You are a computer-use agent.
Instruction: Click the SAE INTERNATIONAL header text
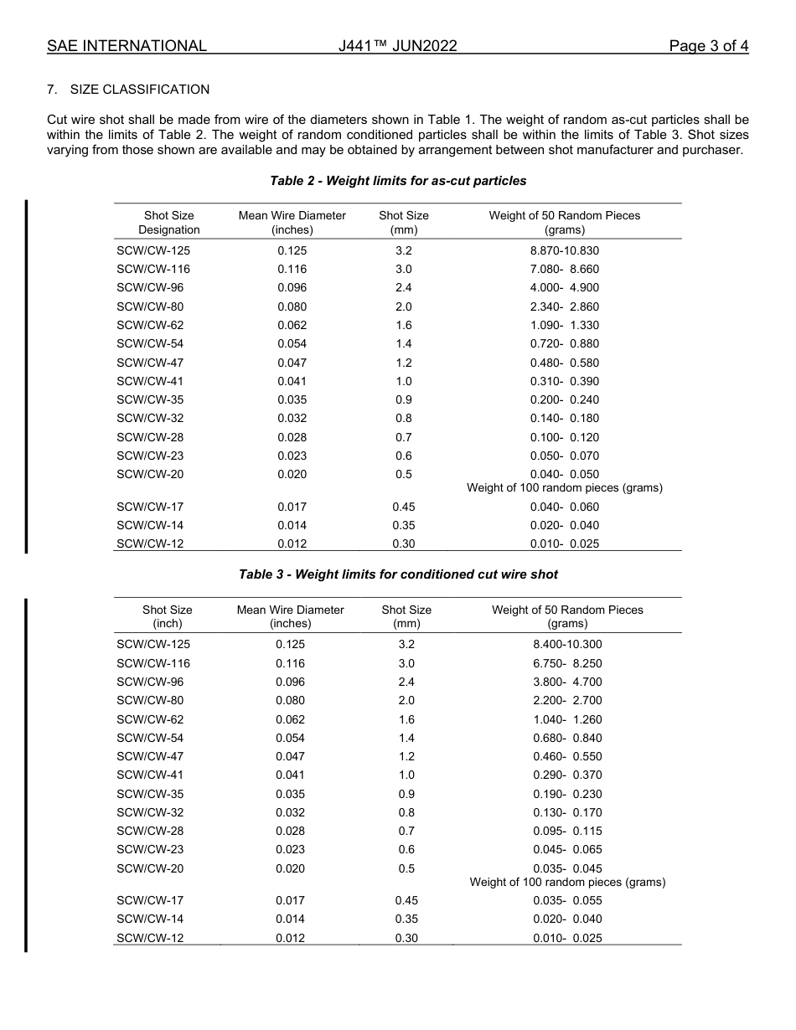click(x=127, y=46)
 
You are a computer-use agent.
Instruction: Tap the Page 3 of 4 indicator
click(x=708, y=46)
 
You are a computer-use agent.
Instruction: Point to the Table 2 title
click(x=398, y=181)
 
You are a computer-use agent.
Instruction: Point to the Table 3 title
click(x=398, y=574)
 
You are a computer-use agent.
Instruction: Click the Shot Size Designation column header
click(x=169, y=223)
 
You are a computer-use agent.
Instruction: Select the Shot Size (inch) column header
click(x=168, y=616)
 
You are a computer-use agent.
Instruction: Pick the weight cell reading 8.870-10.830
click(x=565, y=250)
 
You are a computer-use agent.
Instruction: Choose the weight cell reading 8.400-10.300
click(x=567, y=644)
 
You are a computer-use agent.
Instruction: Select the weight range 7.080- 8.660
click(x=565, y=269)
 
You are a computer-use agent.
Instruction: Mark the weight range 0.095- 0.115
click(x=567, y=831)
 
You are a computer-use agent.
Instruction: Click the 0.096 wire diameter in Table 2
click(x=292, y=287)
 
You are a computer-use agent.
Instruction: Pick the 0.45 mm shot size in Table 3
click(x=406, y=900)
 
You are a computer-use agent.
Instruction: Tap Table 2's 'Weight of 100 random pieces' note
click(x=565, y=487)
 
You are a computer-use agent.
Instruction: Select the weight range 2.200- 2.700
click(x=567, y=700)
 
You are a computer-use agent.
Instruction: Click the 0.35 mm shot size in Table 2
click(x=404, y=525)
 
